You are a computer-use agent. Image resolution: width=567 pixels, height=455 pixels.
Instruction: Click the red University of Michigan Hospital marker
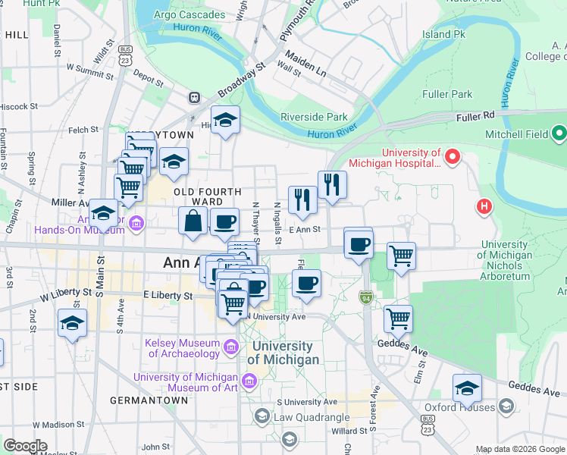coord(453,157)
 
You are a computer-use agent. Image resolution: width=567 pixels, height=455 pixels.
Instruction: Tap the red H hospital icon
coord(484,206)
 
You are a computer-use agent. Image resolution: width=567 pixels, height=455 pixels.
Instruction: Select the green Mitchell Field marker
coord(559,134)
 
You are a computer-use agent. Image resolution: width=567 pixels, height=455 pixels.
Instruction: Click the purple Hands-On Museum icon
coord(136,222)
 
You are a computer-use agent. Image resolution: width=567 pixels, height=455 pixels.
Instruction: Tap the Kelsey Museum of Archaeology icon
coord(232,348)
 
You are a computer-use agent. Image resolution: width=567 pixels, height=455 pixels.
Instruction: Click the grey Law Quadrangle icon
coord(262,416)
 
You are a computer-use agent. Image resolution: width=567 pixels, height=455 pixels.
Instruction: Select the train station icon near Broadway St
coord(195,98)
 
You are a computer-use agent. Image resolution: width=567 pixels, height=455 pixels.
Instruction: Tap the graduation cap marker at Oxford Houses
coord(467,388)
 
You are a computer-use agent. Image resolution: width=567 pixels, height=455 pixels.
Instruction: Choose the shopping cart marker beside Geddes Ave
coord(398,319)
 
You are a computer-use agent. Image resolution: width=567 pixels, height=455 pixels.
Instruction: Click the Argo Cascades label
coord(190,14)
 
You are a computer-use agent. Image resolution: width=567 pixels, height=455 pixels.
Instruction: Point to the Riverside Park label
coord(314,117)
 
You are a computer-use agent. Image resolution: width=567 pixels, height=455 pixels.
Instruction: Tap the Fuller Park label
coord(446,94)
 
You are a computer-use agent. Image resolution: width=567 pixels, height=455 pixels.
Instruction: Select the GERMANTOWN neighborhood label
coord(149,400)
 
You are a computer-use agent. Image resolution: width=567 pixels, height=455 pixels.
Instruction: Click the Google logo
coord(25,445)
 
